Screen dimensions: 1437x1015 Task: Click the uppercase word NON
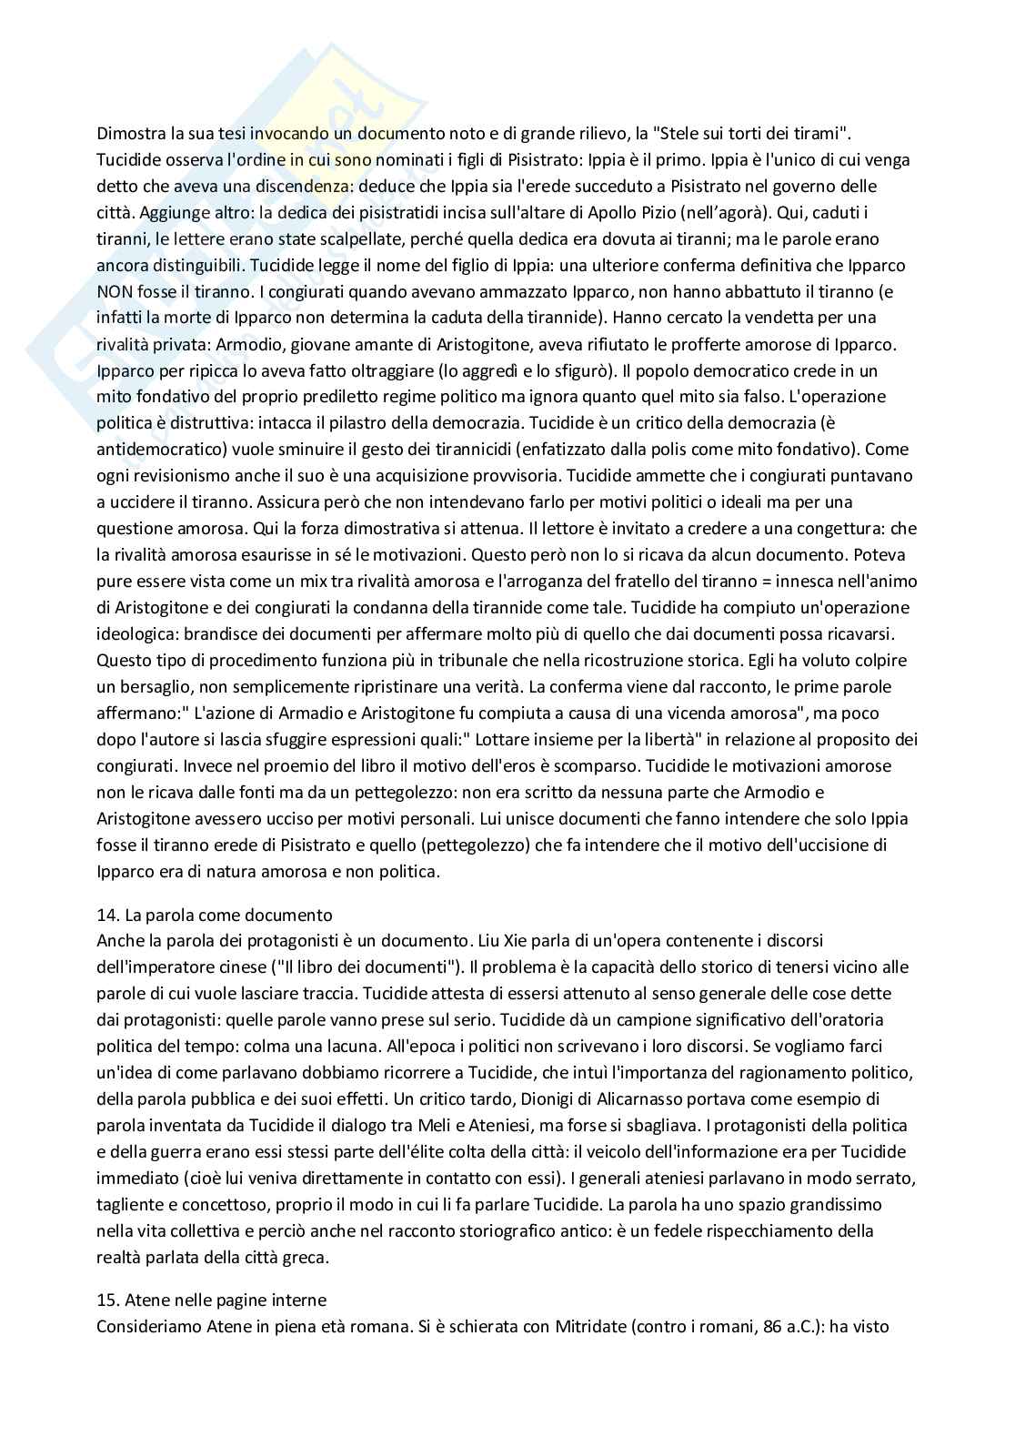click(114, 291)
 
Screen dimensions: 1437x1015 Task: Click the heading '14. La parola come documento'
click(215, 915)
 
